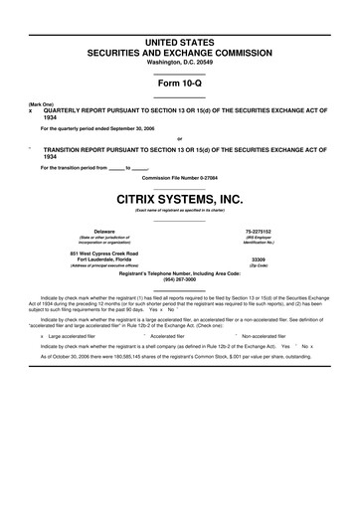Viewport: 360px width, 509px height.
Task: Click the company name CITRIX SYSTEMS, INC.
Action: point(180,198)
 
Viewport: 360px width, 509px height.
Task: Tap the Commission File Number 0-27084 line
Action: point(180,177)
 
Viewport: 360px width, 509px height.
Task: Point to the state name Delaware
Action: point(103,229)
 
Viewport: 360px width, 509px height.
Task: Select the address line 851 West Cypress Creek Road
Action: point(103,253)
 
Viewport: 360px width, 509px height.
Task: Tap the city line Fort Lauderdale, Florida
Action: point(103,259)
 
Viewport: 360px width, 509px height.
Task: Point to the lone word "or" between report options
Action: point(179,139)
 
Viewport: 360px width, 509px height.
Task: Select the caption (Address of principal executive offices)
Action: point(103,266)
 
